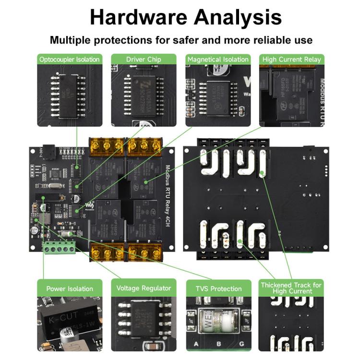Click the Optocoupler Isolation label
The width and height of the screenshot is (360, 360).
tap(70, 60)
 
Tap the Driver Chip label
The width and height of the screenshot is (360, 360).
tap(144, 60)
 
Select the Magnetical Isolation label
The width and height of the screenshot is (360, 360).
tap(218, 60)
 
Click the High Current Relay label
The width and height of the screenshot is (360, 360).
tap(292, 60)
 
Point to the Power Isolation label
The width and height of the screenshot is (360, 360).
tap(70, 288)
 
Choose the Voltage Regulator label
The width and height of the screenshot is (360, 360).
tap(144, 288)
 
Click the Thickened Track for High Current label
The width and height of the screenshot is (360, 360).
tap(291, 288)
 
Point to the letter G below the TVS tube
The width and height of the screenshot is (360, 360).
tap(242, 344)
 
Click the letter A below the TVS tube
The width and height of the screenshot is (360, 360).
tap(195, 344)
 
